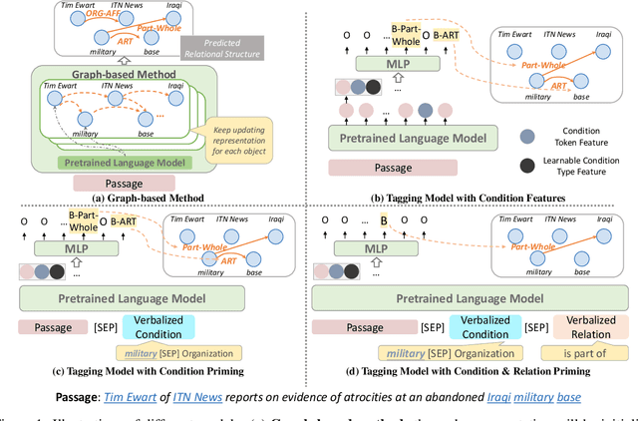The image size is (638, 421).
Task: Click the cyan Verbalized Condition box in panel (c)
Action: tap(159, 327)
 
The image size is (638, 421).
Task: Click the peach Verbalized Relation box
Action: tap(585, 327)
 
